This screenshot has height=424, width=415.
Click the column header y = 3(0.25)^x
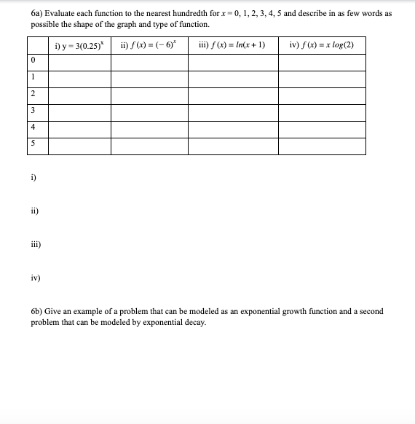80,45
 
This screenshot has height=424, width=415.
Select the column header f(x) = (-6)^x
149,45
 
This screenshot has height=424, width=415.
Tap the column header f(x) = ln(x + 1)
232,45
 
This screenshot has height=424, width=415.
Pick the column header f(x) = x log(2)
321,45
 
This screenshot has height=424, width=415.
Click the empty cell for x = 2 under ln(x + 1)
232,94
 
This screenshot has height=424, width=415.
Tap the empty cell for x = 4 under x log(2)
321,127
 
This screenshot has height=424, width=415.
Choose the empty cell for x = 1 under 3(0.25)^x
80,77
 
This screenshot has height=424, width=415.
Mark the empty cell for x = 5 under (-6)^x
149,144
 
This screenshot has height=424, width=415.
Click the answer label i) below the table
34,178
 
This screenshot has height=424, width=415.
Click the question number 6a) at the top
38,14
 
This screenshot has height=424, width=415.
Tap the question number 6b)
38,311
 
